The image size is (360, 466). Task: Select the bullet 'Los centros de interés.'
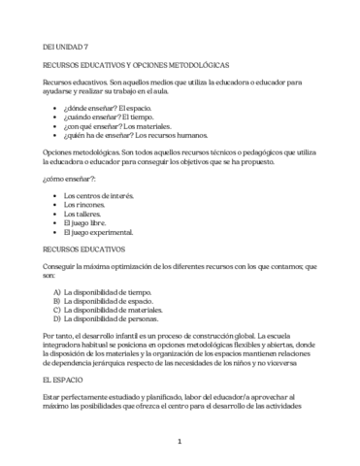tap(99, 196)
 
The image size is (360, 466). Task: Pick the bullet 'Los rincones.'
tap(83, 206)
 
